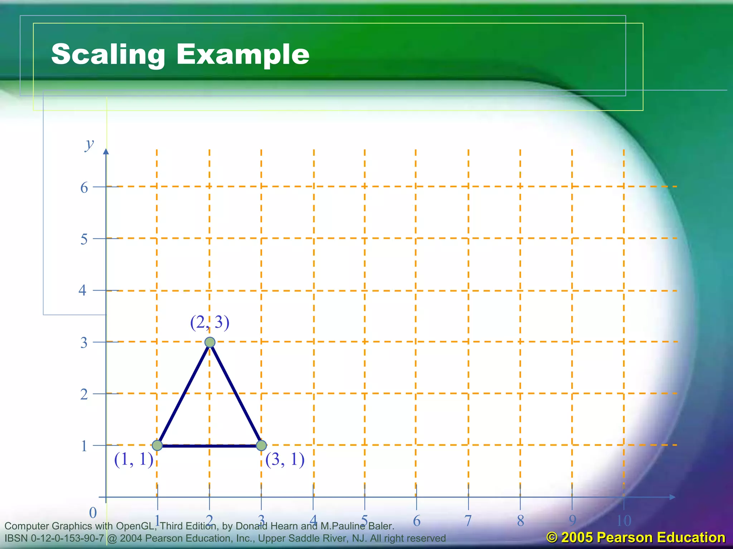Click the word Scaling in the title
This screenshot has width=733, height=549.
[108, 54]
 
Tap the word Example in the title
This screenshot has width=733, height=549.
[243, 54]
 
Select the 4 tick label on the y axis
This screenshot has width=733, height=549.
[83, 290]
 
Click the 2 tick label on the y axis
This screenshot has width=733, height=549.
[84, 394]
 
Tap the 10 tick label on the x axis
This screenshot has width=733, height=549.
[624, 521]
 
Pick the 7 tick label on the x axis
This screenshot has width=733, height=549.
[468, 521]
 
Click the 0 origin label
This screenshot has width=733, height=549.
[93, 513]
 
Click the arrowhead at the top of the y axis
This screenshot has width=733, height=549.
[106, 152]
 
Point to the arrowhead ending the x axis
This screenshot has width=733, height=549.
[672, 497]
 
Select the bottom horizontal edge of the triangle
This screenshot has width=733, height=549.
[209, 446]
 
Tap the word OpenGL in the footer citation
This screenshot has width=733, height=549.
[136, 526]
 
